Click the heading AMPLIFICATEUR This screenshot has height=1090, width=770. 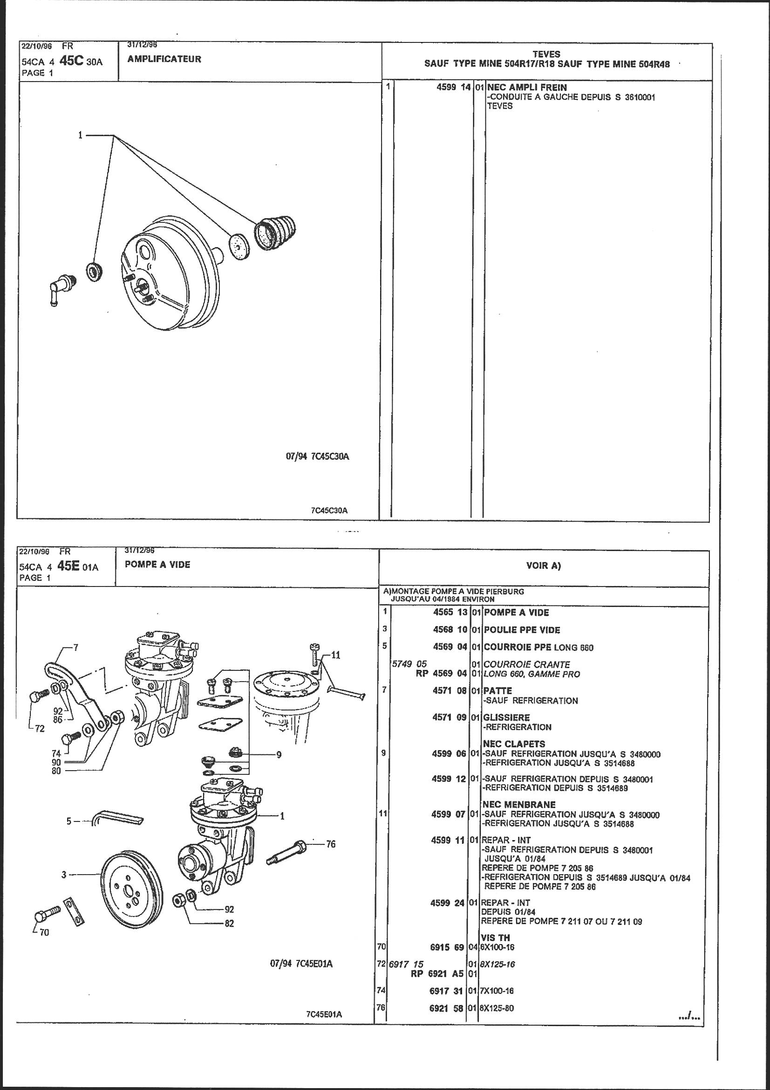pyautogui.click(x=164, y=59)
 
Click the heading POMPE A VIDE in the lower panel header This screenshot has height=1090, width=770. pyautogui.click(x=157, y=565)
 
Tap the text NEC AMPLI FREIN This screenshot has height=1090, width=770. pyautogui.click(x=527, y=87)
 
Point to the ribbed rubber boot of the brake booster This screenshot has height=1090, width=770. pyautogui.click(x=275, y=233)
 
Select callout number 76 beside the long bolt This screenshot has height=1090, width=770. pyautogui.click(x=330, y=844)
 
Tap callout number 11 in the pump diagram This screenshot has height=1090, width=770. pyautogui.click(x=335, y=655)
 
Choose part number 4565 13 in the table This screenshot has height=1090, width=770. pyautogui.click(x=450, y=613)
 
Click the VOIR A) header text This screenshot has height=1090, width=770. pyautogui.click(x=544, y=566)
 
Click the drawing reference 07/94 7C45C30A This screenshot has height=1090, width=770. pyautogui.click(x=317, y=457)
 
